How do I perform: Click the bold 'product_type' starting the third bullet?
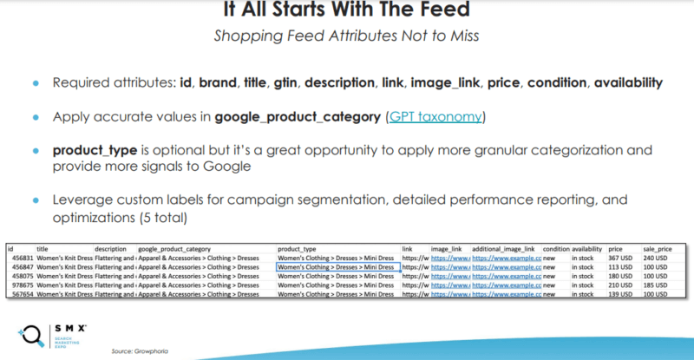click(x=94, y=149)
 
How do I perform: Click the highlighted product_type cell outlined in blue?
click(x=336, y=268)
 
